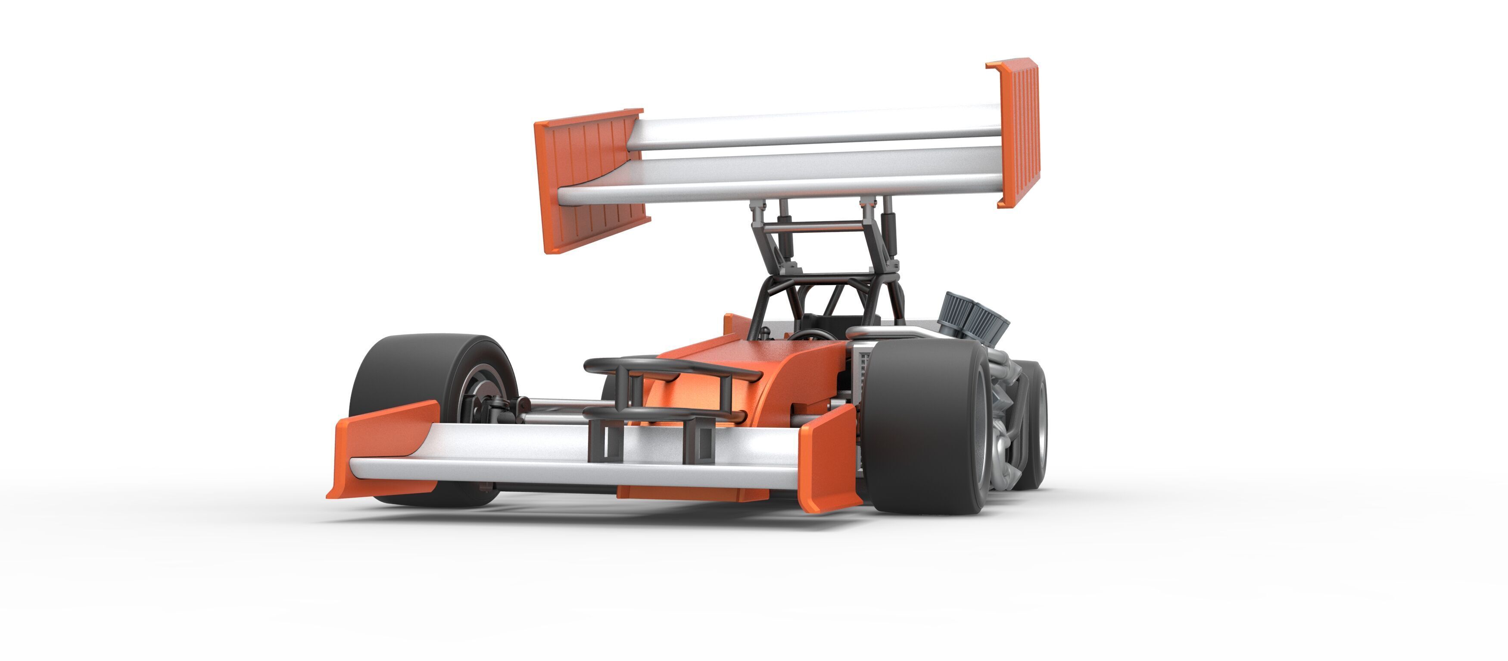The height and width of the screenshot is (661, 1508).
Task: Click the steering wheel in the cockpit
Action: tap(811, 335)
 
